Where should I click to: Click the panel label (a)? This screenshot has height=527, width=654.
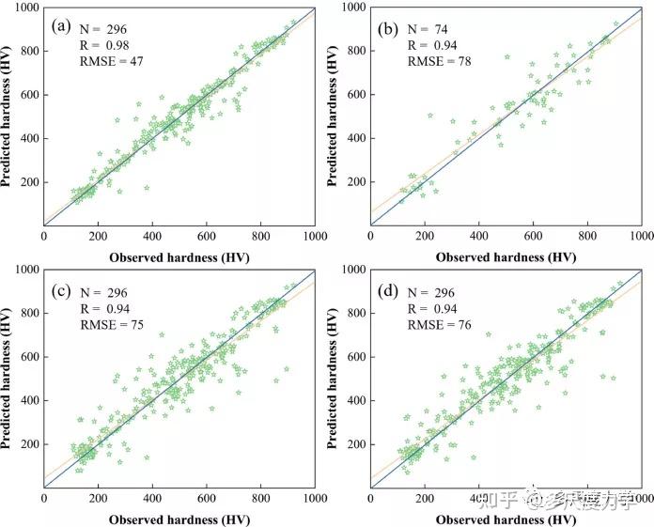(62, 25)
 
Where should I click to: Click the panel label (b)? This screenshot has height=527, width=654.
(389, 28)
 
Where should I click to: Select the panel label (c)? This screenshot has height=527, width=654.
(62, 288)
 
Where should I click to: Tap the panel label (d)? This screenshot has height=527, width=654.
(389, 288)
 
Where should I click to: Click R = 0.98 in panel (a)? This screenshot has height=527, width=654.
(102, 44)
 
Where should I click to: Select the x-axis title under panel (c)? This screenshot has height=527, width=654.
(179, 518)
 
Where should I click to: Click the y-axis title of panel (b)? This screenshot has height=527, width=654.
(335, 115)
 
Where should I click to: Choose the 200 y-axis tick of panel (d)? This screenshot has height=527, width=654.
(355, 443)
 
